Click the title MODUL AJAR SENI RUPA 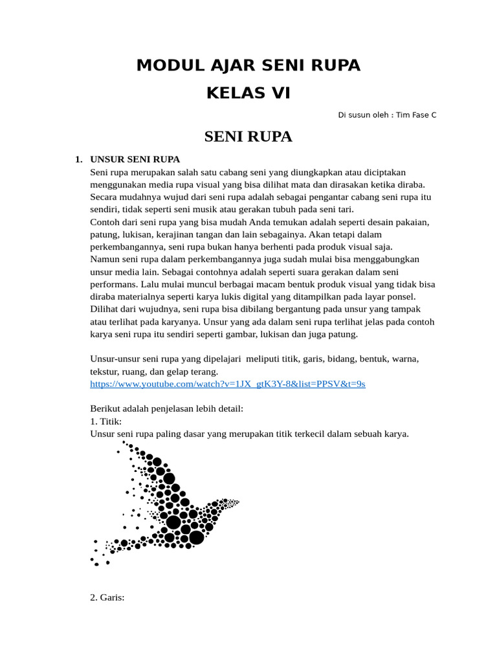pyautogui.click(x=248, y=65)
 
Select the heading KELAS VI pyautogui.click(x=248, y=93)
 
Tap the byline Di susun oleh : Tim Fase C pyautogui.click(x=387, y=115)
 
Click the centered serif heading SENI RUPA pyautogui.click(x=248, y=136)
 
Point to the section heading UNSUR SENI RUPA pyautogui.click(x=135, y=159)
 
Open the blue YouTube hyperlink pyautogui.click(x=228, y=384)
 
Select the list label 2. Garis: pyautogui.click(x=107, y=597)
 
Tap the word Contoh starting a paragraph pyautogui.click(x=105, y=222)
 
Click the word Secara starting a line pyautogui.click(x=104, y=197)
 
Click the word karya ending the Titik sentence pyautogui.click(x=396, y=434)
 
